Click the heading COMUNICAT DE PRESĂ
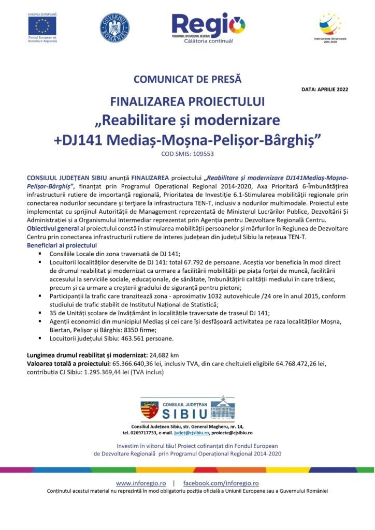187,80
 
